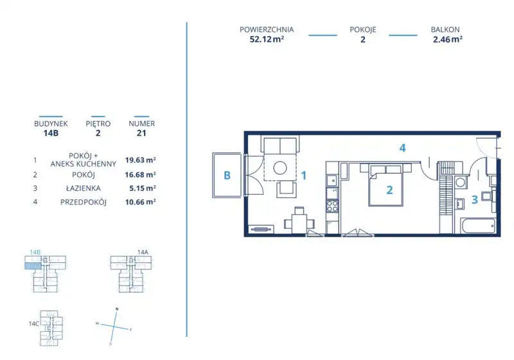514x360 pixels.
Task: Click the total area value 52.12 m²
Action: [267, 39]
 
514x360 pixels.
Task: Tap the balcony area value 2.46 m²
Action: [447, 39]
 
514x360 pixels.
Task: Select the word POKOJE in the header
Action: [362, 30]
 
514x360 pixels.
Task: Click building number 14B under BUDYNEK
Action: [51, 133]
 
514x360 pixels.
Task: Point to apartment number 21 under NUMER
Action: [141, 133]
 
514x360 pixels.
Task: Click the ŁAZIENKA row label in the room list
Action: [84, 188]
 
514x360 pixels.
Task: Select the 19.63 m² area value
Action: [140, 160]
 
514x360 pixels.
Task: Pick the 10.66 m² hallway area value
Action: [140, 202]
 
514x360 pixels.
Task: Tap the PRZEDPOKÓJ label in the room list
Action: [84, 202]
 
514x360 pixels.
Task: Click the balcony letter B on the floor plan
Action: [227, 175]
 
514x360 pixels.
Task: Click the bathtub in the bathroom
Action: [478, 226]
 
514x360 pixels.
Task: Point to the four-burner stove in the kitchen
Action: [332, 206]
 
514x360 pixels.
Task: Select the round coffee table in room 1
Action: [280, 168]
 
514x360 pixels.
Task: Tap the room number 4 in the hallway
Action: [403, 148]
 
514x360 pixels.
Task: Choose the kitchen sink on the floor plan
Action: [332, 181]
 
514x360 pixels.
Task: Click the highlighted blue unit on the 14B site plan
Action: [33, 265]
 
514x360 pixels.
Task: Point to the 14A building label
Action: [143, 252]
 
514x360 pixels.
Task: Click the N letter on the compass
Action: [117, 309]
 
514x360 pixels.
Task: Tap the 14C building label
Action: [34, 323]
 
